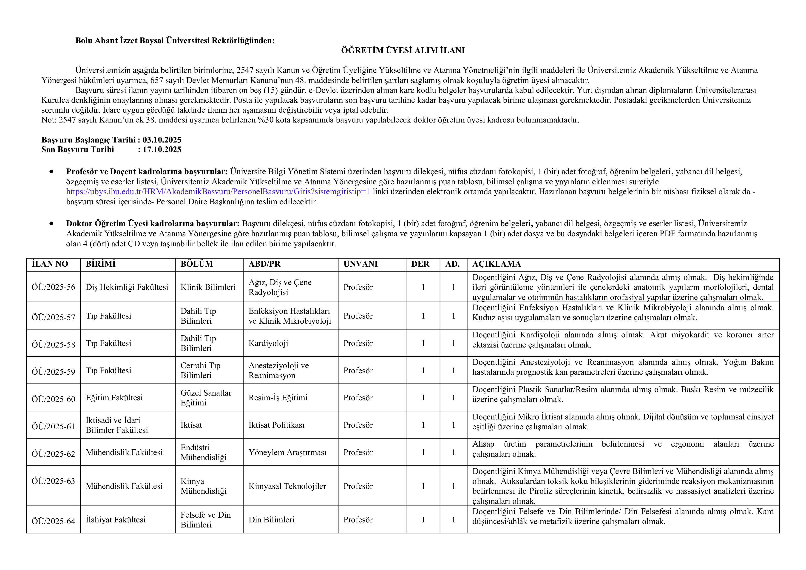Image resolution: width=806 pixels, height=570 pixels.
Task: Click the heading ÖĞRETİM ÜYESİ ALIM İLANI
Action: click(403, 51)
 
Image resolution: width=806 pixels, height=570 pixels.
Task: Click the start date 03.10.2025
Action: click(162, 140)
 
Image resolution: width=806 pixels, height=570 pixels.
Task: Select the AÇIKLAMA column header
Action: click(496, 264)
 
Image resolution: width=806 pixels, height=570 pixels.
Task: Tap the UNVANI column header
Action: click(360, 264)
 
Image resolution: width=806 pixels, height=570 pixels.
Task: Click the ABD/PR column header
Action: click(265, 264)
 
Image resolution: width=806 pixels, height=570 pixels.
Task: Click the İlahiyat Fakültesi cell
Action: click(116, 520)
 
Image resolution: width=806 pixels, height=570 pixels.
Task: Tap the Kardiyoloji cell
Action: click(268, 343)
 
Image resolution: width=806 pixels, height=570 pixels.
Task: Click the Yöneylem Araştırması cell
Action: click(287, 452)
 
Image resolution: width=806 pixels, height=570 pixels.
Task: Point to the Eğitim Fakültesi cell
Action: click(114, 398)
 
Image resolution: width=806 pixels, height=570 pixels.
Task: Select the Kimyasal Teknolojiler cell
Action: click(287, 486)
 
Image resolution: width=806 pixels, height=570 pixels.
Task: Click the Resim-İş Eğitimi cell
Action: click(278, 398)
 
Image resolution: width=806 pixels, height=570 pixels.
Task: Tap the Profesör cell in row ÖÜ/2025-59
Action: click(358, 370)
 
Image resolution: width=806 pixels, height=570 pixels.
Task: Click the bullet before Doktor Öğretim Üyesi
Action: click(52, 224)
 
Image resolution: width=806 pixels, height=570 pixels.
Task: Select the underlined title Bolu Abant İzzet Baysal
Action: click(175, 41)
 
